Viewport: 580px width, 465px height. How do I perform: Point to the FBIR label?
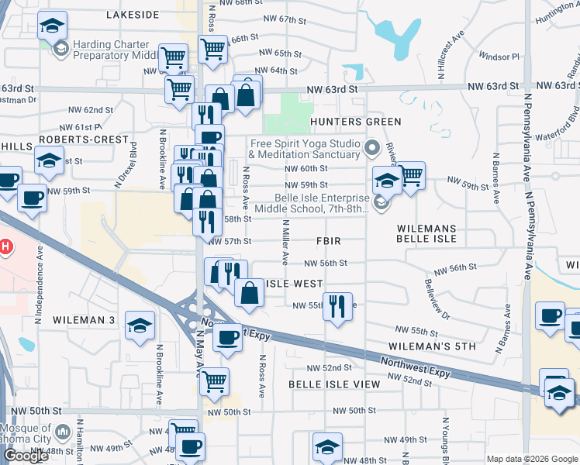click(328, 242)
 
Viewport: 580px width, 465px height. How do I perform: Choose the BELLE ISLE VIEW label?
click(334, 384)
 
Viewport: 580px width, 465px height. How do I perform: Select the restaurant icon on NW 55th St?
click(337, 305)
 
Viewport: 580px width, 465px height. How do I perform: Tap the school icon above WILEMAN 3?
click(140, 324)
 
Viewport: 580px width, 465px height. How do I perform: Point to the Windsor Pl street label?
click(499, 57)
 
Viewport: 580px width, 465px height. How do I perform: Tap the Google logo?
click(26, 456)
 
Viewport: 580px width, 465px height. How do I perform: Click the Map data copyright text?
click(530, 459)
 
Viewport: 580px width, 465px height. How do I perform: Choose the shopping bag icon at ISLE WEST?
click(249, 294)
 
